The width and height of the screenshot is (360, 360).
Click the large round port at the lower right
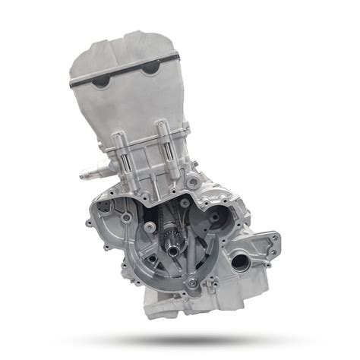pos(239,262)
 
